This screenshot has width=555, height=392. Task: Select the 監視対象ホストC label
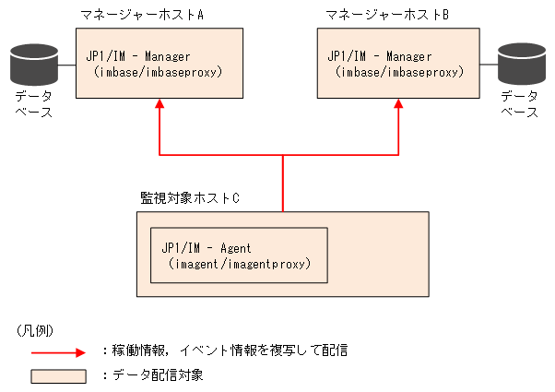click(x=190, y=197)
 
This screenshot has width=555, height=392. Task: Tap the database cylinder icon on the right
click(x=520, y=63)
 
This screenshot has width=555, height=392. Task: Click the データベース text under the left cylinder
click(x=33, y=103)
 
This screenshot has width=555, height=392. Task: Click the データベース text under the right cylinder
click(x=519, y=103)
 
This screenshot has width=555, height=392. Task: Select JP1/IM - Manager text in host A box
click(x=138, y=56)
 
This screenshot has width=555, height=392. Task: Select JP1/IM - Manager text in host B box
click(x=379, y=56)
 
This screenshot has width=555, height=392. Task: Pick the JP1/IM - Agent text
click(x=207, y=249)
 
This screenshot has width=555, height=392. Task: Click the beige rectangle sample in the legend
click(x=59, y=375)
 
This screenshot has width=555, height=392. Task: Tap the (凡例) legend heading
click(x=35, y=329)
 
